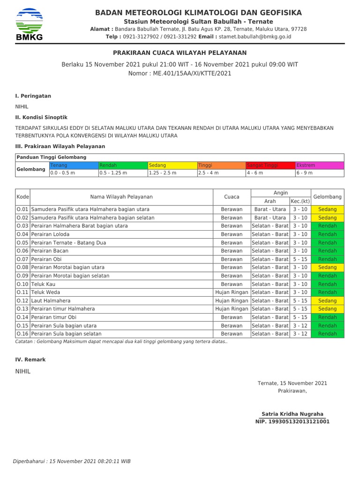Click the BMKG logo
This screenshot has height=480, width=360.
tap(29, 24)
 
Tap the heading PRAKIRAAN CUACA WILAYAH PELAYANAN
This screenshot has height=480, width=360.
tap(180, 53)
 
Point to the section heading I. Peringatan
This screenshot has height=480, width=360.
tap(33, 96)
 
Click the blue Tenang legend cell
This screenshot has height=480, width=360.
tap(74, 165)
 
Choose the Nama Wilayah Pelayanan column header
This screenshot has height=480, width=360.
tap(121, 197)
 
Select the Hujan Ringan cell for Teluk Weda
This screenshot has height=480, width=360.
tap(232, 292)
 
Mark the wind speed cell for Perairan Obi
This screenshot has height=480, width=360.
tap(300, 259)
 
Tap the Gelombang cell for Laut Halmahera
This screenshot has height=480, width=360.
tap(327, 301)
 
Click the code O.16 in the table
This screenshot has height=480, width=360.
tap(22, 334)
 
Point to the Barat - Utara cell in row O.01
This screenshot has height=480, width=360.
tap(270, 210)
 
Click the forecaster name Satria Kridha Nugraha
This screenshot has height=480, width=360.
tap(292, 414)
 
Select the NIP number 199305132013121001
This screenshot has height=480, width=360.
tap(292, 421)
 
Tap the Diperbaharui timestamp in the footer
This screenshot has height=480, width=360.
tap(72, 461)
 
